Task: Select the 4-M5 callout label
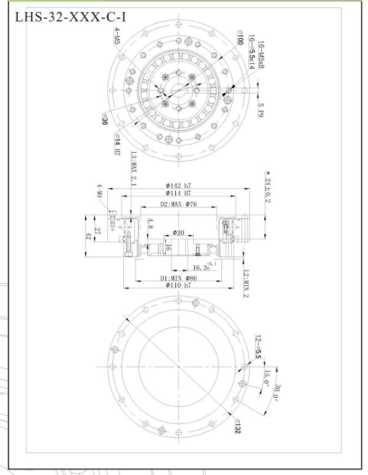(x=116, y=44)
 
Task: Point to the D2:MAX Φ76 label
(x=178, y=204)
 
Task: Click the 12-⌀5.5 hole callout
(x=258, y=346)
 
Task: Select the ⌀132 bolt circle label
(x=237, y=425)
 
